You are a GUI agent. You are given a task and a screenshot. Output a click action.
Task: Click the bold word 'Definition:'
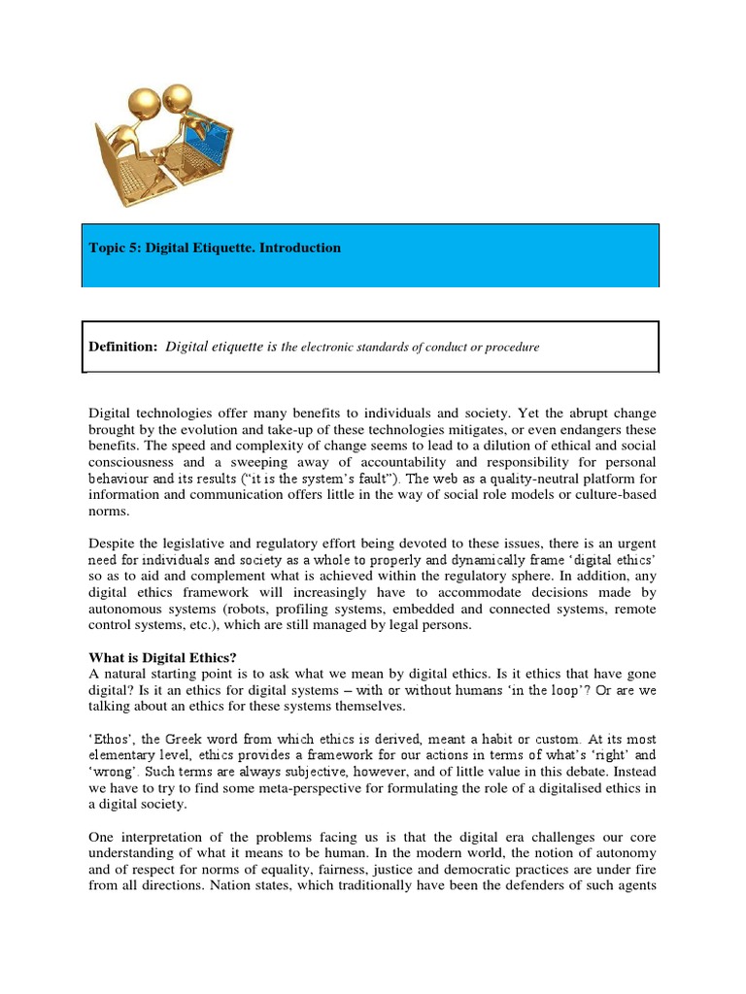(x=122, y=347)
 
